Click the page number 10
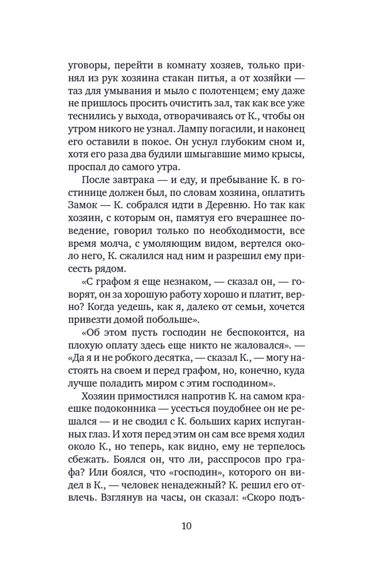tap(187, 526)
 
